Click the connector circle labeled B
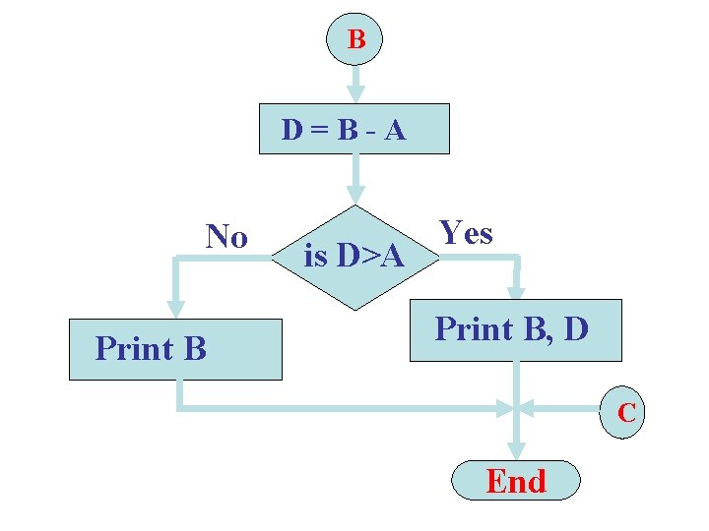tap(355, 39)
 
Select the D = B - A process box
tap(354, 129)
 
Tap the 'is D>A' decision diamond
tap(354, 258)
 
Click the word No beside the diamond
tap(226, 237)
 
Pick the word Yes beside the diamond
tap(466, 233)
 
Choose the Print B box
tap(175, 349)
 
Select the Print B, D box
tap(515, 329)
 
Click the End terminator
tap(515, 482)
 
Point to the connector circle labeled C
tap(626, 413)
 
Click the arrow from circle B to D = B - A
tap(355, 83)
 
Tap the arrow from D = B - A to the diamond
tap(355, 179)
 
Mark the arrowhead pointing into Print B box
tap(175, 308)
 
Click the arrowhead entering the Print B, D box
tap(516, 291)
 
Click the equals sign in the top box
tap(318, 130)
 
